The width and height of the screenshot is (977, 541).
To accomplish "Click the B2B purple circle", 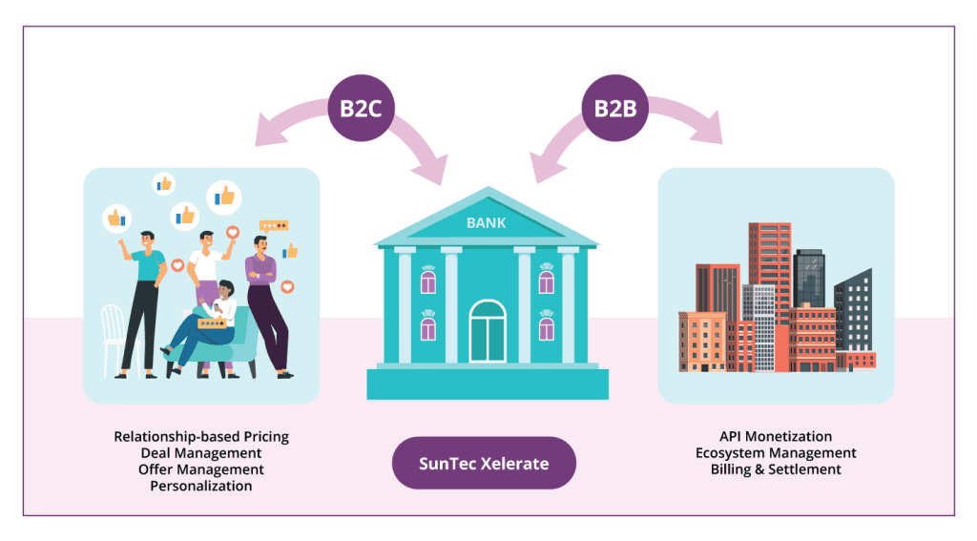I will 615,108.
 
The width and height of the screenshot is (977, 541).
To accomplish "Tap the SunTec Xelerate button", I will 484,464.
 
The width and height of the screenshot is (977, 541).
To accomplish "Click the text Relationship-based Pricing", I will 201,436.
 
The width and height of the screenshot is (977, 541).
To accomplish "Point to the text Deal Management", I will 201,452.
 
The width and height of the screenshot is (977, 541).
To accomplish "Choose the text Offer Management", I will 201,469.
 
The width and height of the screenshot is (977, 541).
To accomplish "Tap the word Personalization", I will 201,486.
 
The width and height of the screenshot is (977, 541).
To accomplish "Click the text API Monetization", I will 776,436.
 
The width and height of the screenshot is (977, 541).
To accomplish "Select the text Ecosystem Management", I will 776,452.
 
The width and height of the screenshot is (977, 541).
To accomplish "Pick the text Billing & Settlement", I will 776,469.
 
